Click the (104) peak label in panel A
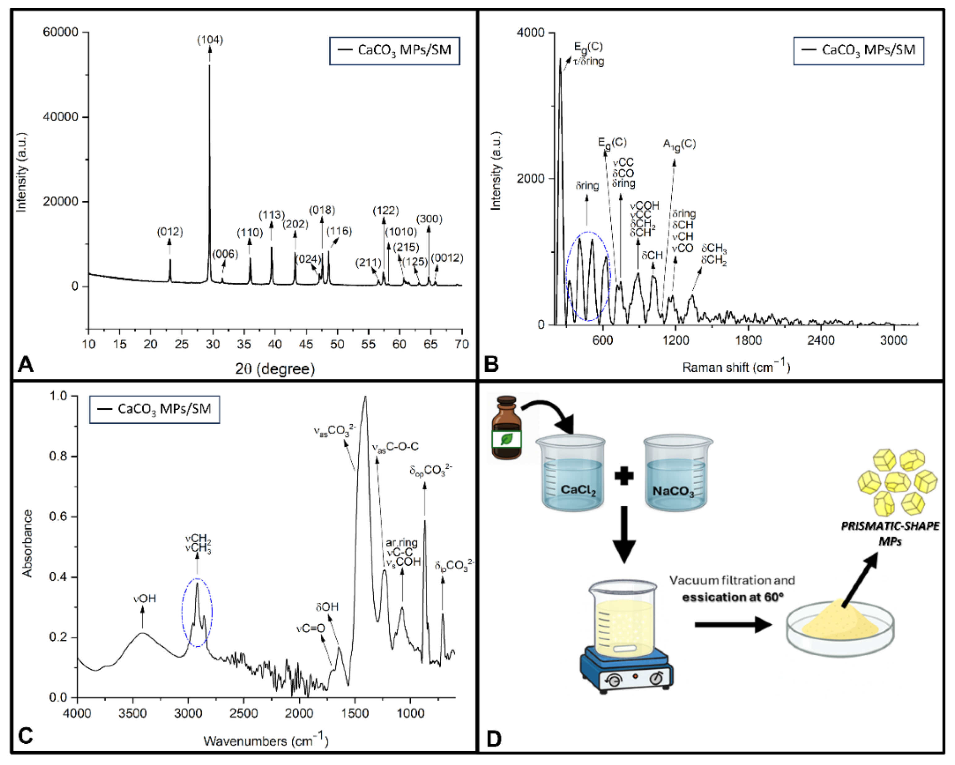[x=210, y=40]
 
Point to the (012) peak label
[x=170, y=232]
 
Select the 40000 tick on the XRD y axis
[x=60, y=117]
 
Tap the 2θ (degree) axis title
[x=275, y=369]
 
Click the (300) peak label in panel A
[x=429, y=219]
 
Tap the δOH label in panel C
[x=327, y=606]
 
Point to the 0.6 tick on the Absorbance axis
[x=58, y=517]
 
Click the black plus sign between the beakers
[x=624, y=477]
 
